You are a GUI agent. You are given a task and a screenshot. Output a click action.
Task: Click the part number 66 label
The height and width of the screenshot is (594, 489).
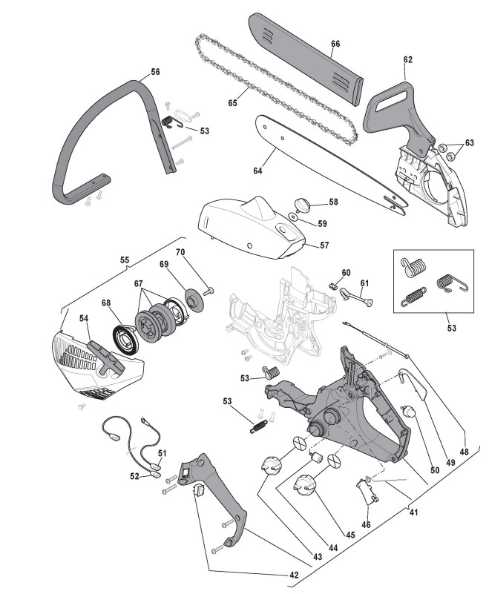tap(335, 44)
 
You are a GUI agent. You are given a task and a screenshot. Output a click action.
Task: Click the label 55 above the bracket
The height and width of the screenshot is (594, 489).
tap(125, 260)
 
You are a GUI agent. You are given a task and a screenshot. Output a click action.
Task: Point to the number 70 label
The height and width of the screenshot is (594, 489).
tap(180, 253)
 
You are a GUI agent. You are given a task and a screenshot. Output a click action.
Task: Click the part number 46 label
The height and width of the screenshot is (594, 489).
tap(367, 524)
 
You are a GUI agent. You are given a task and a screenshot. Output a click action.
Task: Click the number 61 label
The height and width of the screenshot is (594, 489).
tap(364, 283)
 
